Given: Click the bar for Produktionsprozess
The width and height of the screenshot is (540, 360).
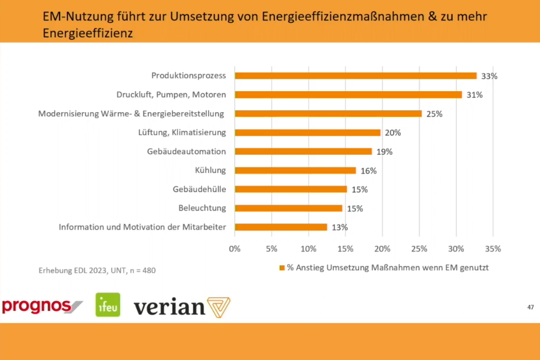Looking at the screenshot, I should coord(355,76).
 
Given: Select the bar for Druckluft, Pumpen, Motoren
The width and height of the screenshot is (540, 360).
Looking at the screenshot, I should coord(348,95).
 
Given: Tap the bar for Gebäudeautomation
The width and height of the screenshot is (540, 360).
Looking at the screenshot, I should coord(303,151).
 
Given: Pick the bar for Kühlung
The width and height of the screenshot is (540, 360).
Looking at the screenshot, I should coord(295,170).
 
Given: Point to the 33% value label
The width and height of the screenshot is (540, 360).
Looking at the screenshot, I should coord(489,76).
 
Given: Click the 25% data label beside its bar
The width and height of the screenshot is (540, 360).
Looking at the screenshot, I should coord(434,114).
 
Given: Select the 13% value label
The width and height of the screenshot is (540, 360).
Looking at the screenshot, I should coord(339,227).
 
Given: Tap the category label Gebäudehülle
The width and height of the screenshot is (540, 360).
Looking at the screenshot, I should coord(199,189).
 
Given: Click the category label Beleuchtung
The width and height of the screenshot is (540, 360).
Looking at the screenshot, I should coord(202,208).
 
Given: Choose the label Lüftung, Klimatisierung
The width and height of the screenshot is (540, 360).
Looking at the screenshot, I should coord(182,133).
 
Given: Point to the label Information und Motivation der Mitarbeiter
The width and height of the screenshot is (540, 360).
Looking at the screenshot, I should coord(142,227).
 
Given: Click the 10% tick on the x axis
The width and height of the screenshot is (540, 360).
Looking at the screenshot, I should coord(308,248).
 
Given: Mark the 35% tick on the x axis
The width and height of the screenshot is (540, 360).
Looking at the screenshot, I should coord(492,248).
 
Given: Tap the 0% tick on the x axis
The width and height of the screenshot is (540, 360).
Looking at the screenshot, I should coord(235,248).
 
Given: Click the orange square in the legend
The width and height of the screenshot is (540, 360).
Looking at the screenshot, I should coord(282,268).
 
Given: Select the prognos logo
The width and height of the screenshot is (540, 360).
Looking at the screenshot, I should coord(41,305).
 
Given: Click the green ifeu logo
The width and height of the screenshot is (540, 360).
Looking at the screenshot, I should coord(108,305).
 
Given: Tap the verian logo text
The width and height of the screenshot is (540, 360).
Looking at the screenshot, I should coord(169,307).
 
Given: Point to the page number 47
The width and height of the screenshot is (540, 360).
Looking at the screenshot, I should coord(530,307).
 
